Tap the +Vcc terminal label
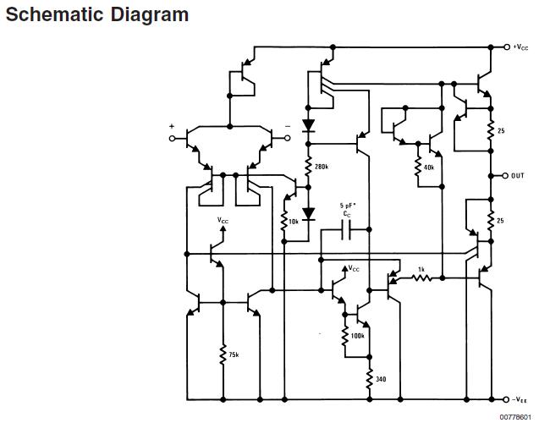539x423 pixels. [x=521, y=47]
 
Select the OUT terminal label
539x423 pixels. [x=519, y=176]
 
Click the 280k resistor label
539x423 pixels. [x=321, y=167]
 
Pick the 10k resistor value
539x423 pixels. [x=293, y=222]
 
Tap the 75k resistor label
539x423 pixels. [x=234, y=354]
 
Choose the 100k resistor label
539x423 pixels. [x=357, y=336]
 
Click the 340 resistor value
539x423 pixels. [x=380, y=379]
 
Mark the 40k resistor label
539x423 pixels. [x=428, y=168]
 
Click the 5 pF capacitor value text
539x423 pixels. [x=348, y=206]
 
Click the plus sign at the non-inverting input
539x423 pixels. [x=172, y=126]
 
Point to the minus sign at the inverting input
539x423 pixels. [x=288, y=126]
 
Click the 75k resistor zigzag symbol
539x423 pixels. [x=223, y=354]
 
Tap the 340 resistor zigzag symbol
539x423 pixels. [x=369, y=379]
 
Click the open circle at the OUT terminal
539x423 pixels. [x=506, y=176]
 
